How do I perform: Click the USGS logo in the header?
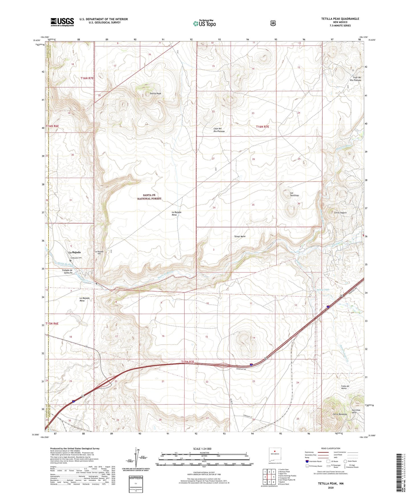click(x=62, y=22)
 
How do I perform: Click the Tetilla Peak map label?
click(x=155, y=94)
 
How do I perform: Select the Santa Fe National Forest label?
click(x=149, y=197)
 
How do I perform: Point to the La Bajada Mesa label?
click(x=176, y=214)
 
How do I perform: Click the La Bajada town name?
click(x=74, y=252)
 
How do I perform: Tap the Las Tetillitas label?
click(x=294, y=194)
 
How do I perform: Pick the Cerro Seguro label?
click(x=340, y=212)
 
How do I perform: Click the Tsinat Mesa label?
click(x=240, y=236)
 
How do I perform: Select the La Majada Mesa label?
click(x=84, y=299)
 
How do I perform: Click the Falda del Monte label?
click(x=346, y=387)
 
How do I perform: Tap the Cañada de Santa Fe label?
click(x=67, y=272)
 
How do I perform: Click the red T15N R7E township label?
click(x=188, y=362)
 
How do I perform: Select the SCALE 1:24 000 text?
click(x=202, y=449)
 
